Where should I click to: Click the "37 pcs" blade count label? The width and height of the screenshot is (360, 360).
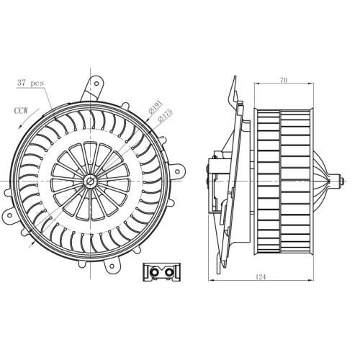click(x=30, y=83)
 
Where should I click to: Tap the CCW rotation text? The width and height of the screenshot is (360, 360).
click(x=21, y=111)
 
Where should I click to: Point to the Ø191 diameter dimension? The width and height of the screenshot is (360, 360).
click(x=156, y=107)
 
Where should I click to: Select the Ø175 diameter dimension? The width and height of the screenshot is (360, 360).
click(x=165, y=115)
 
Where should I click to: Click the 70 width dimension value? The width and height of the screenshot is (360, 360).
click(x=284, y=81)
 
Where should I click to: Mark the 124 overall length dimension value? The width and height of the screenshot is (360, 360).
click(x=261, y=277)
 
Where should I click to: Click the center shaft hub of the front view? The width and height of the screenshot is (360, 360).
click(x=90, y=181)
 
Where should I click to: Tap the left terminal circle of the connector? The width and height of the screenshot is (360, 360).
click(x=154, y=272)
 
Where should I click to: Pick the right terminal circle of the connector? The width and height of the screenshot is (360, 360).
click(x=170, y=272)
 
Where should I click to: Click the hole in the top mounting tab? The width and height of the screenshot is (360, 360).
click(x=96, y=84)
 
